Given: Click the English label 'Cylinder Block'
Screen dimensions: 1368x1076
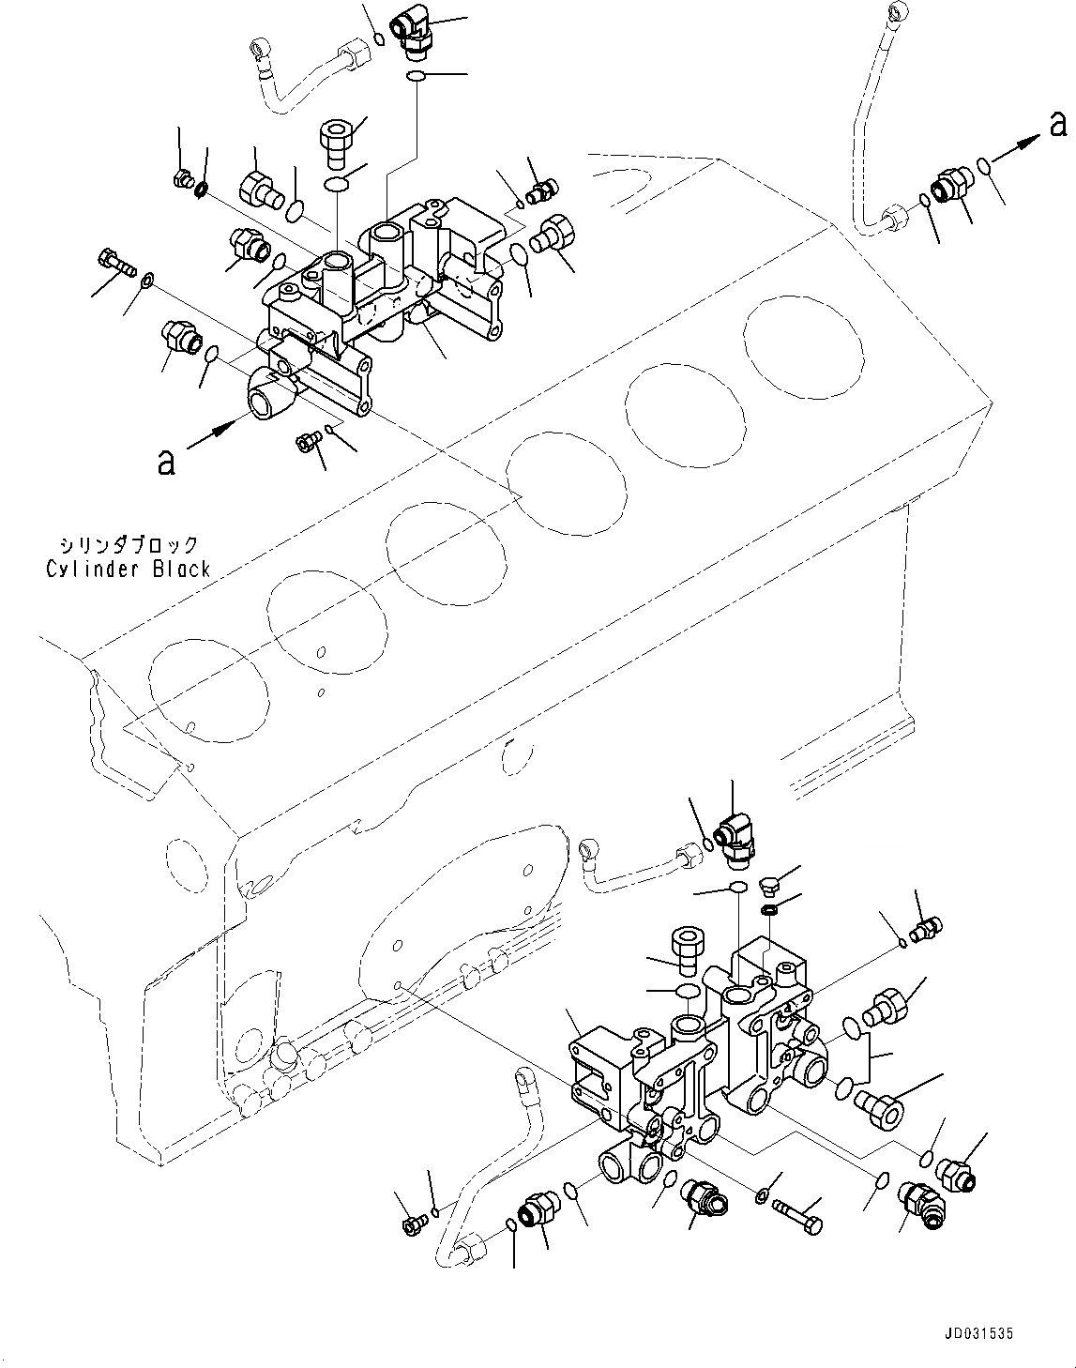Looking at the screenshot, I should click(x=129, y=570).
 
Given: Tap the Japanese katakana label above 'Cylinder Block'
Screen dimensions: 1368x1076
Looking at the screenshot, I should click(x=129, y=545).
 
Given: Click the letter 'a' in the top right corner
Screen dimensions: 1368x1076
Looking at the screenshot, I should click(x=1057, y=123).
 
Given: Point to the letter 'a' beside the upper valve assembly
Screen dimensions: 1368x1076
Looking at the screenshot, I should click(x=166, y=462).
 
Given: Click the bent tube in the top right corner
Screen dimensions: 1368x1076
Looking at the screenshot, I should click(x=868, y=122).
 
